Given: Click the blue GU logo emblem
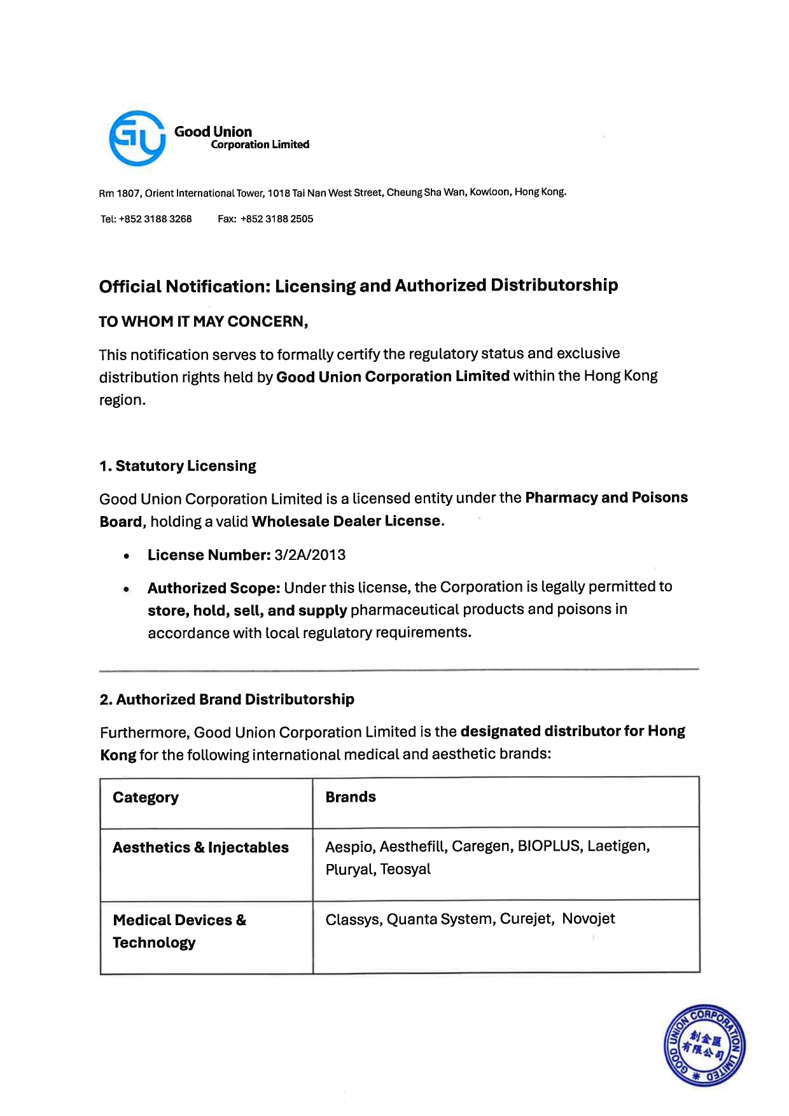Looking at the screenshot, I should pos(137,138).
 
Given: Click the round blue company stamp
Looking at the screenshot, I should pos(704,1045).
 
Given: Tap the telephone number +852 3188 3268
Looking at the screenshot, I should pos(155,219).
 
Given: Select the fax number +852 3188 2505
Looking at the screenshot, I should pos(277,219).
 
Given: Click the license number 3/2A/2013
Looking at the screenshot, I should pos(310,555).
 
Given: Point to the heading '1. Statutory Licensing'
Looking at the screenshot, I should pos(178,466).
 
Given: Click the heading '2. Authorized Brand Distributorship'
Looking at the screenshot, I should pos(227,699).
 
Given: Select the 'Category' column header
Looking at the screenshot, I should pos(146,797).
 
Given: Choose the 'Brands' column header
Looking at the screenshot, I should pos(351,797).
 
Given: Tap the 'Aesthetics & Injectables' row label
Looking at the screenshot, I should pos(200,847).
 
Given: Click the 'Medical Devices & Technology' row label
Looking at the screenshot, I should pos(179,931).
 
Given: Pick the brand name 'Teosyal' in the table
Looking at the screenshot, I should pos(405,869).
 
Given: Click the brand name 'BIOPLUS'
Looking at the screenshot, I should pos(549,846).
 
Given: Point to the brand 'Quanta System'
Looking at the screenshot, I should pos(439,919).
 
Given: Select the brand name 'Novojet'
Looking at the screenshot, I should pos(589,919).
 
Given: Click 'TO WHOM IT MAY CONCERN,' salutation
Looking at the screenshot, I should pos(204,321).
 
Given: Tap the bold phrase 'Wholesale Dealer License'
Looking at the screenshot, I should pos(346,521).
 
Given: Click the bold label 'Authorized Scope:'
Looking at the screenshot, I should pos(214,587).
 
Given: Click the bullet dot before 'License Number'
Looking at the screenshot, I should pos(127,556).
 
